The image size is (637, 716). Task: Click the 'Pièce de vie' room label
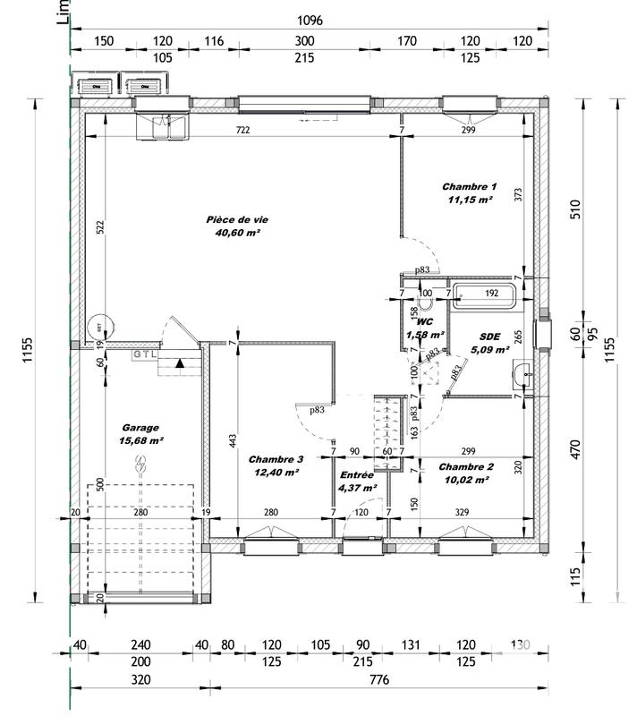coord(237,218)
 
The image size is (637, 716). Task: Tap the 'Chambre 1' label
coord(469,187)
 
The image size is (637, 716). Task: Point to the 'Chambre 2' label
coord(466,466)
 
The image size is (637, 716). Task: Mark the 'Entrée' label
coord(356,474)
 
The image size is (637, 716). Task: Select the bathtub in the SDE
coord(484,294)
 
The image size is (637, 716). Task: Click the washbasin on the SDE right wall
coord(522,374)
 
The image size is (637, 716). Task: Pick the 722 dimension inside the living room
coord(242,131)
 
